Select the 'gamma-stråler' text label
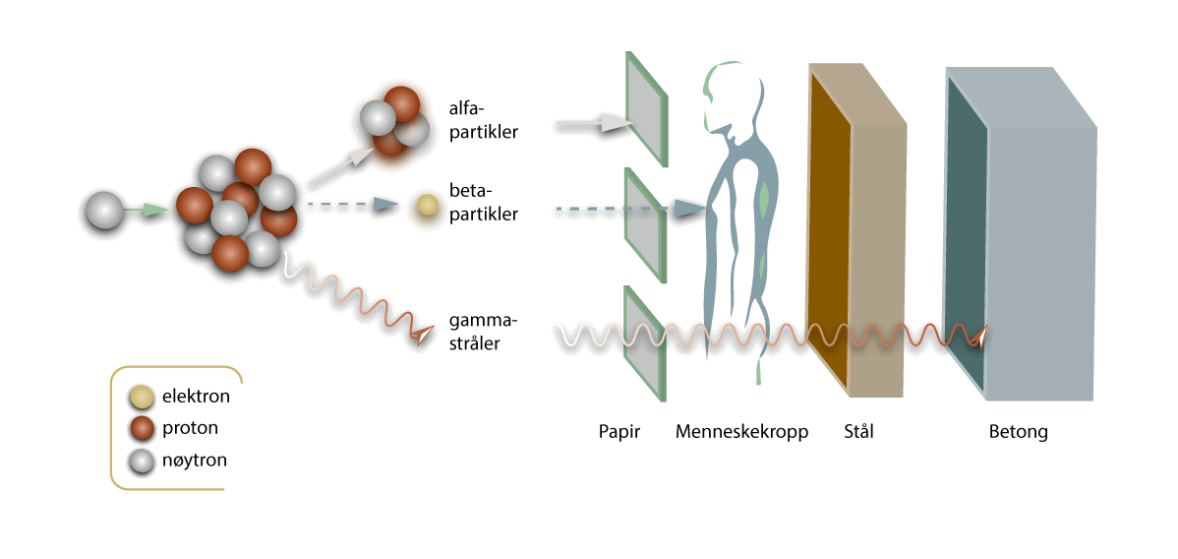coord(483,332)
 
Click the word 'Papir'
coord(619,431)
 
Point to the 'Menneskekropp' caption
coord(741,431)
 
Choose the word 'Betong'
coord(1018,431)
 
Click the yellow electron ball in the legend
coord(144,398)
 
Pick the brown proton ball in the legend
coord(144,428)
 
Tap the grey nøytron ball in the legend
coord(144,459)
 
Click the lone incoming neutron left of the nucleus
coord(105,211)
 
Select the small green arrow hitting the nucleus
coord(153,210)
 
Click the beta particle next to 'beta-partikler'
coord(427,205)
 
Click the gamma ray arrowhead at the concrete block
coord(977,339)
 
